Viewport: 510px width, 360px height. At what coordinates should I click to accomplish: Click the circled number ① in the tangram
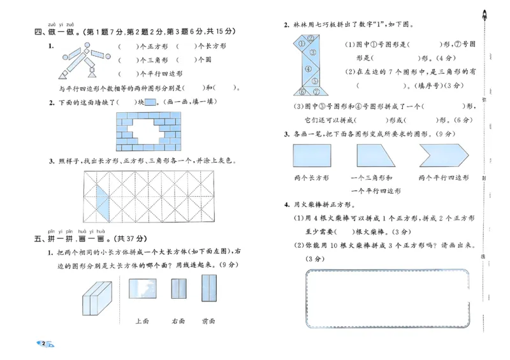[302, 45]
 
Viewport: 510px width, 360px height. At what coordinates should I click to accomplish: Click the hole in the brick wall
[148, 130]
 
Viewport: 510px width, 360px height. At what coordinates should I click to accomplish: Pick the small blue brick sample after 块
[150, 102]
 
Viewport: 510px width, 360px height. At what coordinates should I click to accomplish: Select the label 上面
[142, 321]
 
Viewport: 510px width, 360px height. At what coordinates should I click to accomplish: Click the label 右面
[178, 321]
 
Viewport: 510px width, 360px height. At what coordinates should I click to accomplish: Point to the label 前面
[208, 321]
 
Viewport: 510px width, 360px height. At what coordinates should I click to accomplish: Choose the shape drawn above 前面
[209, 288]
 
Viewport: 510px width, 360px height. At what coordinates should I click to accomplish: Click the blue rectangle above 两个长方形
[312, 155]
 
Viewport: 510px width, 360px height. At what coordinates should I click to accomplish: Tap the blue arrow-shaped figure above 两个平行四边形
[443, 155]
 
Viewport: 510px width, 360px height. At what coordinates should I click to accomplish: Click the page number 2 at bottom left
[43, 345]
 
